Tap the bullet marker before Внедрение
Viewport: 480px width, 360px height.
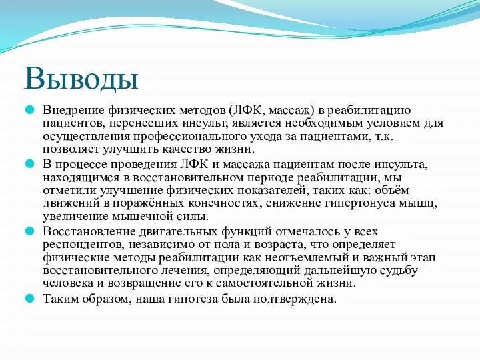[x=30, y=109]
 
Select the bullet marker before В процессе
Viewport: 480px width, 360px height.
[x=30, y=163]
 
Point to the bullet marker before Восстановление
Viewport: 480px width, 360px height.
[x=30, y=231]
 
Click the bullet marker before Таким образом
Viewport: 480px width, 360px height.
[x=30, y=299]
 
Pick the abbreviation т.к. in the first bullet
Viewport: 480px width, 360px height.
[x=383, y=136]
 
